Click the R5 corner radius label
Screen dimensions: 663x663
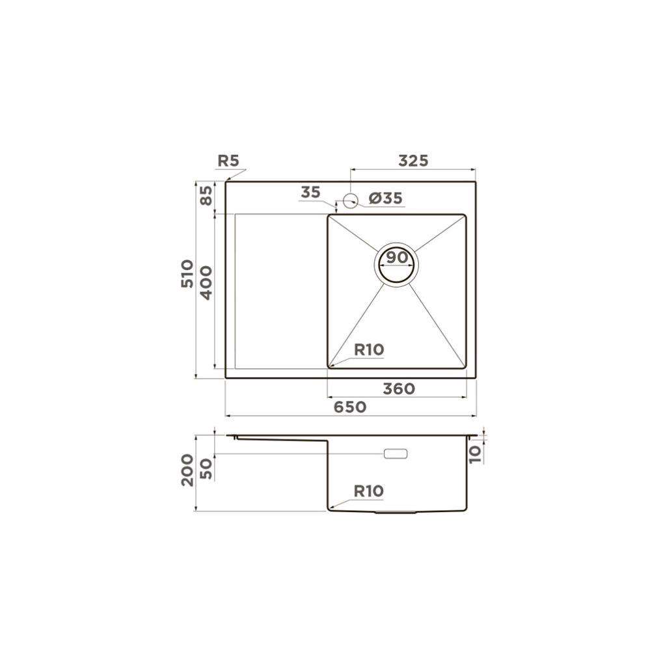tap(228, 161)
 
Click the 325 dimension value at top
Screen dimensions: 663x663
tap(414, 161)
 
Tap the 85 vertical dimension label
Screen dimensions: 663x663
tap(206, 196)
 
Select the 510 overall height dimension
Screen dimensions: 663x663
tap(187, 274)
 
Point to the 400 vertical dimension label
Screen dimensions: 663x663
tap(206, 283)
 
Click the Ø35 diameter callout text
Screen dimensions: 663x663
tap(386, 198)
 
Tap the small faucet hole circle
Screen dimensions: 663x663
tap(351, 201)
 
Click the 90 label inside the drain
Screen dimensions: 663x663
tap(397, 256)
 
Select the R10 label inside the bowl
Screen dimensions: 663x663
tap(369, 349)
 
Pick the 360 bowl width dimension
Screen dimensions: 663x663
tap(399, 388)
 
